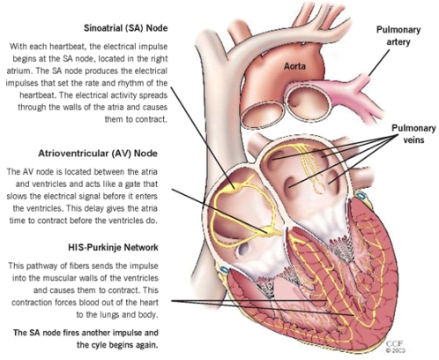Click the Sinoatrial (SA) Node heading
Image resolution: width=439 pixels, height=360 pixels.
[126, 28]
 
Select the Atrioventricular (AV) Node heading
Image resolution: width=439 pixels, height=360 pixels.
[98, 154]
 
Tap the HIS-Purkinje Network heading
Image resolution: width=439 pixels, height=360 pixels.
[113, 247]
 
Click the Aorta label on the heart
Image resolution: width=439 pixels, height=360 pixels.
[294, 66]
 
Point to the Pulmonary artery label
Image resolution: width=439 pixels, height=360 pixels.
[398, 36]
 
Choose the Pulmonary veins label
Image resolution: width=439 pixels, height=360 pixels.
[413, 134]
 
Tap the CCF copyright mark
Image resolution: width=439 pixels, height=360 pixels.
[395, 347]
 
